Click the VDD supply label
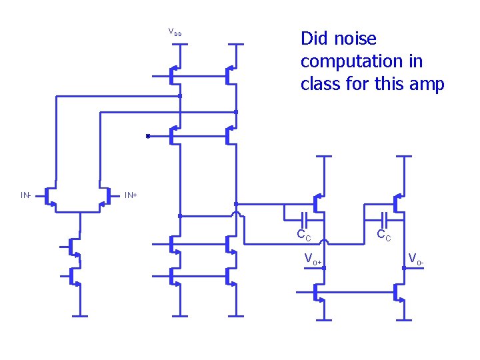pos(175,33)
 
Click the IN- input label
pos(25,195)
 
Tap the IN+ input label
pos(131,195)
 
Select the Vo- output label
pos(416,258)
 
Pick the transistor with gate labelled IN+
pos(105,196)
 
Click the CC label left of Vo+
pos(304,234)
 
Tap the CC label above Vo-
pos(384,234)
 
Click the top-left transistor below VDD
pos(175,76)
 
